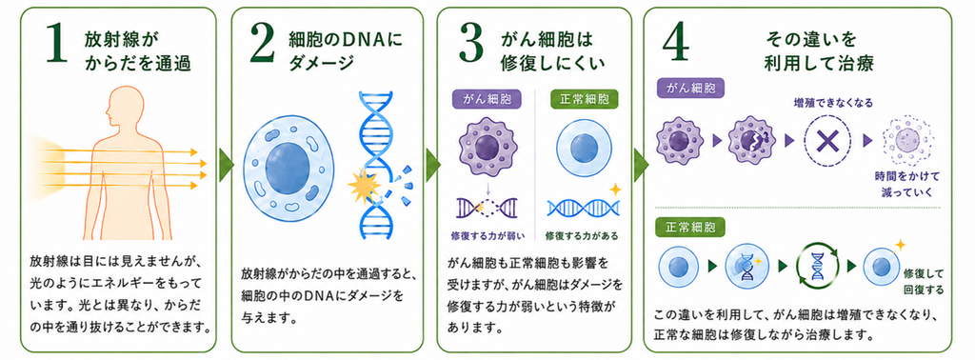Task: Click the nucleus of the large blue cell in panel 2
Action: [288, 164]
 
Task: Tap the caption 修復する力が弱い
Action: [488, 235]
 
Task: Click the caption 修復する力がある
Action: [582, 235]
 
